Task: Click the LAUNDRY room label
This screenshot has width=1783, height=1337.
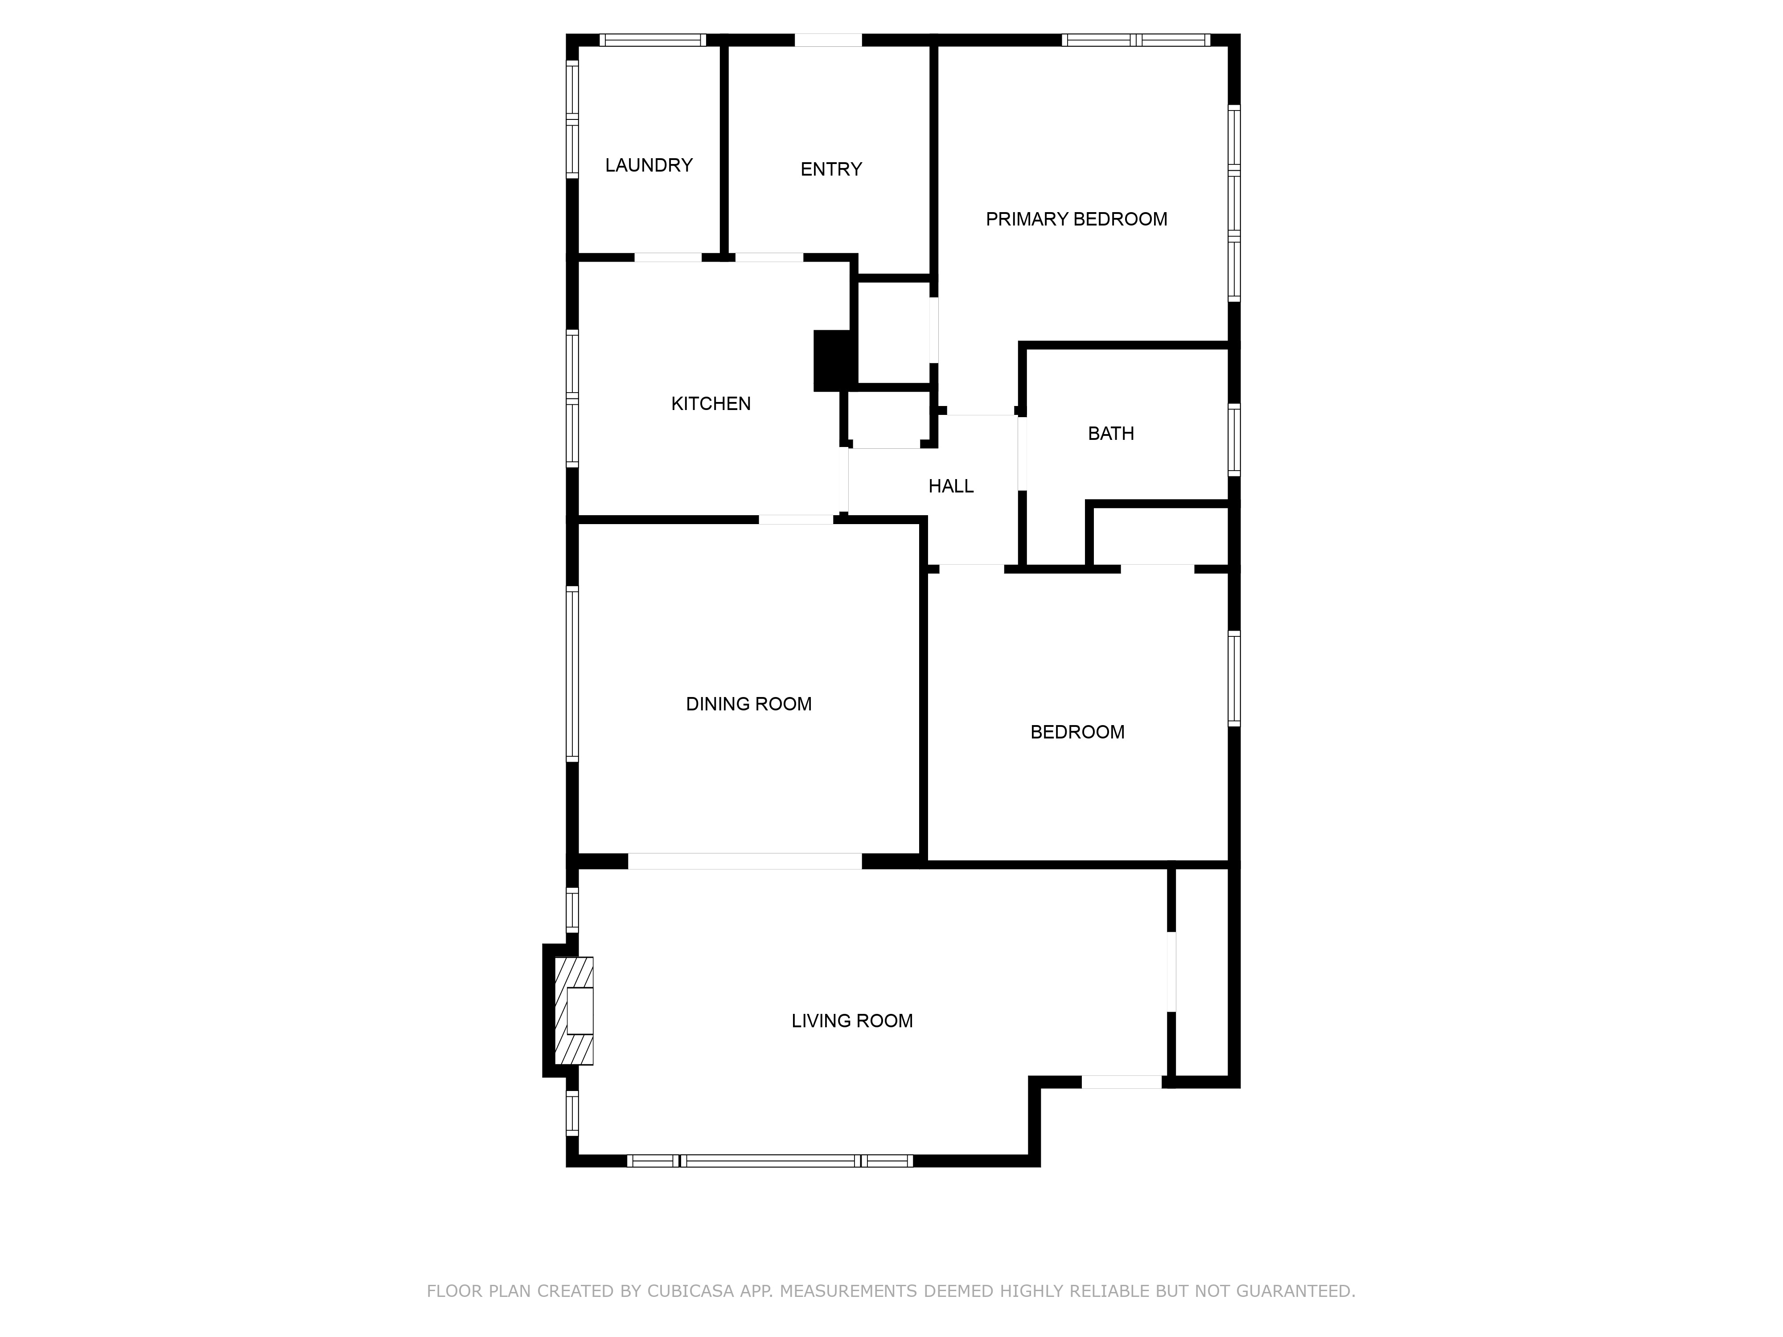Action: (x=649, y=165)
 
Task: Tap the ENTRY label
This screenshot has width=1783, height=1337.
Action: (x=831, y=169)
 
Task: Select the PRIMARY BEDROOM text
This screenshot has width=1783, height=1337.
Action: (x=1076, y=219)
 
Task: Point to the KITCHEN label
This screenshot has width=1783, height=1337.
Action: (x=711, y=404)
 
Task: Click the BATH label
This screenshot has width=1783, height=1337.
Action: (x=1111, y=434)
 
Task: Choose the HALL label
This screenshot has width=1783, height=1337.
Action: (x=951, y=486)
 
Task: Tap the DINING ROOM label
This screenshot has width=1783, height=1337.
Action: (x=749, y=704)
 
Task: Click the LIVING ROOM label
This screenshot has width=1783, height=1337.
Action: (x=852, y=1021)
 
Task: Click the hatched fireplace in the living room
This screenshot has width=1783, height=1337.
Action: (x=574, y=1011)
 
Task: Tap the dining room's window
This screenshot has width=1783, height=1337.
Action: (x=572, y=674)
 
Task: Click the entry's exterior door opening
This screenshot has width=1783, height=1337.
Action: (x=829, y=40)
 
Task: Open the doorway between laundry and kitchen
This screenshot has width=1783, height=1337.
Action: (x=668, y=258)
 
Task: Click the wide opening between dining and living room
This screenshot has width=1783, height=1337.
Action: (x=745, y=861)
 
